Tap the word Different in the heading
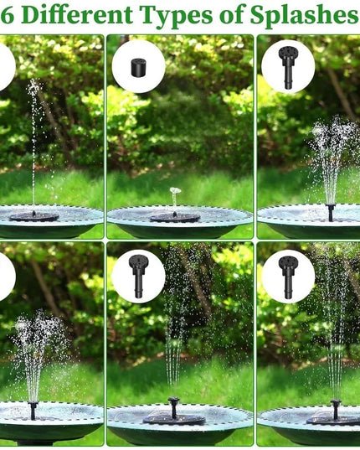[x=75, y=15]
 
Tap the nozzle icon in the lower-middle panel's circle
[x=138, y=274]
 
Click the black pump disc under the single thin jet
[x=33, y=216]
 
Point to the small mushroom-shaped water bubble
[x=175, y=192]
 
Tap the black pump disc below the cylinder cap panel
[x=175, y=217]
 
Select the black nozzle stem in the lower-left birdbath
[x=33, y=411]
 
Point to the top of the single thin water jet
[x=33, y=84]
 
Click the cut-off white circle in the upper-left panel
[x=6, y=66]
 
